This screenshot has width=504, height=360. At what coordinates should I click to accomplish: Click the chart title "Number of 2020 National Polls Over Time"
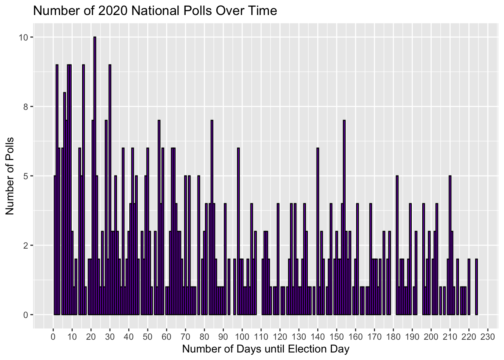tap(155, 11)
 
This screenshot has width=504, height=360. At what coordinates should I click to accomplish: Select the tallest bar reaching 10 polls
tap(95, 175)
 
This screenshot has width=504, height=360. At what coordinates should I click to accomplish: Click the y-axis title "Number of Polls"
tap(9, 176)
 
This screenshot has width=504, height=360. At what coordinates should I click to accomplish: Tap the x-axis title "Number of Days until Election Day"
tap(266, 349)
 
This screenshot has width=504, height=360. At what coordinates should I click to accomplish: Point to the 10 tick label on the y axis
tap(23, 37)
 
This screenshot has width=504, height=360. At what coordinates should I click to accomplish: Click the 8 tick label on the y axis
tap(25, 106)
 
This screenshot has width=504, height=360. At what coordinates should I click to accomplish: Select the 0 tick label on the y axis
tap(25, 315)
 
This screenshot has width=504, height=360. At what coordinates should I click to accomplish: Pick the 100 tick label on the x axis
tap(242, 337)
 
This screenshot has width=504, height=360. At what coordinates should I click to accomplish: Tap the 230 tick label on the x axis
tap(488, 337)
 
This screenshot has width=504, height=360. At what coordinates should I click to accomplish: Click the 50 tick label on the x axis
tap(148, 337)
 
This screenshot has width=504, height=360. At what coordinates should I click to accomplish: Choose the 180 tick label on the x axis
tap(393, 337)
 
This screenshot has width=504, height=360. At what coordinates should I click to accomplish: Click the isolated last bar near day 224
tap(476, 287)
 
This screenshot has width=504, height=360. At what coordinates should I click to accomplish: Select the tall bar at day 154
tap(344, 217)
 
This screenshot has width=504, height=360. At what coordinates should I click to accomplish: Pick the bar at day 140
tap(318, 231)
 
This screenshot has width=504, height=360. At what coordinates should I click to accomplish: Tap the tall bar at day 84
tap(212, 217)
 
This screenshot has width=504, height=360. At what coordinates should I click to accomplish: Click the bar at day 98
tap(238, 231)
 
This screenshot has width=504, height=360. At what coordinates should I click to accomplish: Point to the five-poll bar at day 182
tap(397, 245)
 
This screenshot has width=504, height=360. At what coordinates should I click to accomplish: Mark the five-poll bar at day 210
tap(450, 245)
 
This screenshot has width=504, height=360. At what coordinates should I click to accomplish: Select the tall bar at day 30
tap(110, 189)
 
